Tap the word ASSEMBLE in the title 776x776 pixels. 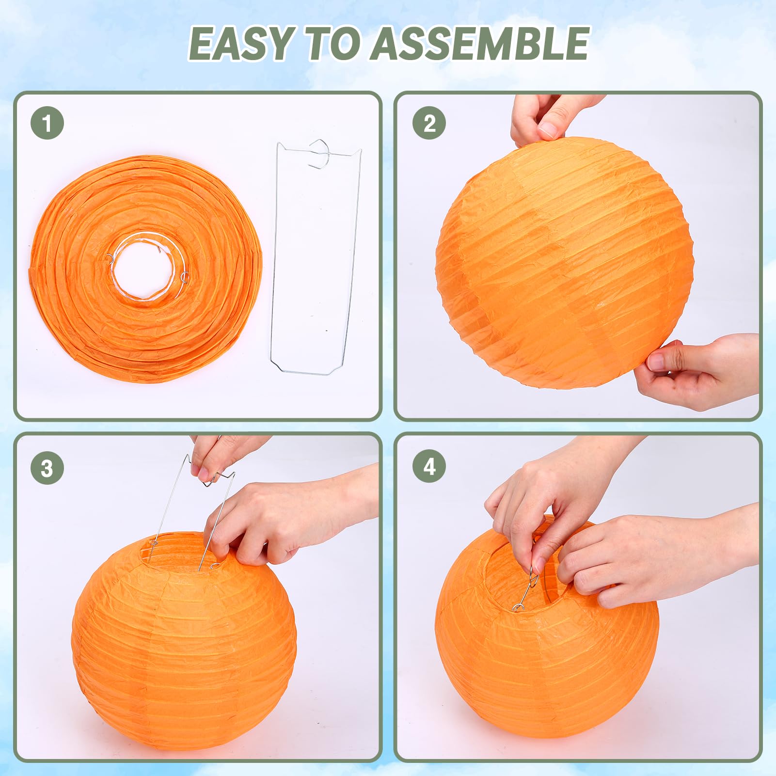[x=481, y=44]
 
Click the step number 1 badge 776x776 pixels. [x=47, y=123]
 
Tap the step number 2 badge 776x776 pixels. [x=429, y=123]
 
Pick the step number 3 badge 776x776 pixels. [x=47, y=468]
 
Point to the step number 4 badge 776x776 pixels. [x=429, y=466]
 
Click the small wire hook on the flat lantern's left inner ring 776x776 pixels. [x=110, y=259]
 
